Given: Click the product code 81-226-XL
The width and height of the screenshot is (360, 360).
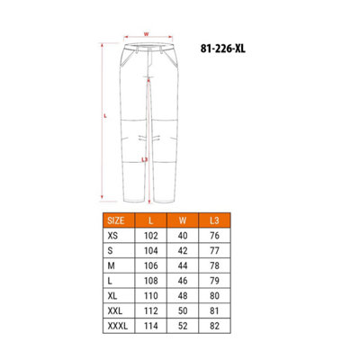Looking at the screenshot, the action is point(223,49).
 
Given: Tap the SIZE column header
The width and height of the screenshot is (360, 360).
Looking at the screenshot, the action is point(116,220).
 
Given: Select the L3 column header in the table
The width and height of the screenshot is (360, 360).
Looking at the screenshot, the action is point(214,220).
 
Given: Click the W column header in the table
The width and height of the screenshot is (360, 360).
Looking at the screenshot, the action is point(183,220).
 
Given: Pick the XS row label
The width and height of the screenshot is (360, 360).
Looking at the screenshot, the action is point(112,236).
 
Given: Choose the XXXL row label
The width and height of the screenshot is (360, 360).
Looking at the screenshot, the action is point(118,326).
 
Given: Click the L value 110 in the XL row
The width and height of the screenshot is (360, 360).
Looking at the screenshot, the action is point(151,296).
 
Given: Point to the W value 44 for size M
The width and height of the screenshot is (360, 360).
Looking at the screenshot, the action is point(183,265).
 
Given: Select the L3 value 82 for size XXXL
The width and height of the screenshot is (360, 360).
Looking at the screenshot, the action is point(214,326).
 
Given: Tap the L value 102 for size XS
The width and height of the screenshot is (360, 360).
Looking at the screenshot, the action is point(151,236).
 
